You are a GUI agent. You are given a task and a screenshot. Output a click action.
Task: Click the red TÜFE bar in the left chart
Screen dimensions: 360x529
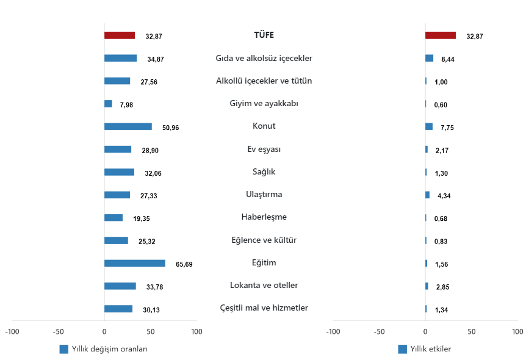(x=120, y=35)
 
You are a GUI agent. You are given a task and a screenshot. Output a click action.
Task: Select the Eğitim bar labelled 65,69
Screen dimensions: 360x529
(x=134, y=263)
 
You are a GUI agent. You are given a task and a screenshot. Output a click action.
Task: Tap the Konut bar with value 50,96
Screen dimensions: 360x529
(x=128, y=126)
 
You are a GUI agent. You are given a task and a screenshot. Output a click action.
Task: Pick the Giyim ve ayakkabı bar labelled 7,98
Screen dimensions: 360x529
(x=108, y=104)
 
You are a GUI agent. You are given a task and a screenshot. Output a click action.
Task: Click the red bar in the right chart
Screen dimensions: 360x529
(x=440, y=35)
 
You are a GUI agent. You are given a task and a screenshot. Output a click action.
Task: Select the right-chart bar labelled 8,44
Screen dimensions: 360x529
(x=429, y=58)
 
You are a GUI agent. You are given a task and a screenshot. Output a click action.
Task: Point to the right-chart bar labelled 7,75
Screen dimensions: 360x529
(x=429, y=126)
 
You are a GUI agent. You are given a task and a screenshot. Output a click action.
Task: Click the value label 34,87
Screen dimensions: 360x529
(x=156, y=59)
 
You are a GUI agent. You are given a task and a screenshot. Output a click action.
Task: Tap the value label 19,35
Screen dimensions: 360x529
(x=142, y=218)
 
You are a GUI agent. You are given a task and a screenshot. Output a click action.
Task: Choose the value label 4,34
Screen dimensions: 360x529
(x=443, y=196)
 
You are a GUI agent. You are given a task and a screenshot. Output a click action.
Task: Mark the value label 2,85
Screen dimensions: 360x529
(x=442, y=287)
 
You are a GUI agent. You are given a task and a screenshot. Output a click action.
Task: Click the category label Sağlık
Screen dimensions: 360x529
(x=264, y=171)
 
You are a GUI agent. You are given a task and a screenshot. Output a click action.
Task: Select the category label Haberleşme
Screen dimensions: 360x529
(x=264, y=217)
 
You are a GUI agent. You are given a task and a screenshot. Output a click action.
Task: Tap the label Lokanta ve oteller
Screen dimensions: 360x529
(x=264, y=285)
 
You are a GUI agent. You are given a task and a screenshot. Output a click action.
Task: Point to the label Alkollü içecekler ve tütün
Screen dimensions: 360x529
(x=264, y=81)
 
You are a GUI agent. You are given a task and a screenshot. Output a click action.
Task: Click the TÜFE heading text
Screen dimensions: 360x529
(x=264, y=35)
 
